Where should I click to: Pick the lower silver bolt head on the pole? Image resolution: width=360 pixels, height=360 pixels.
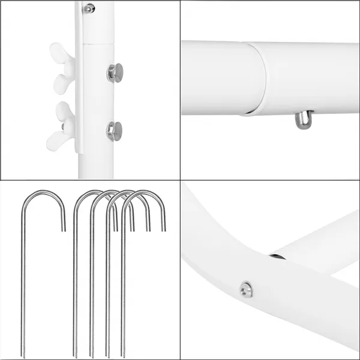click(114, 130)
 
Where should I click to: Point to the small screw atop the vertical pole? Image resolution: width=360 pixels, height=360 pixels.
click(89, 8)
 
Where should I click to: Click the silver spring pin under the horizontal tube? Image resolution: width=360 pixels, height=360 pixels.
click(302, 121)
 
